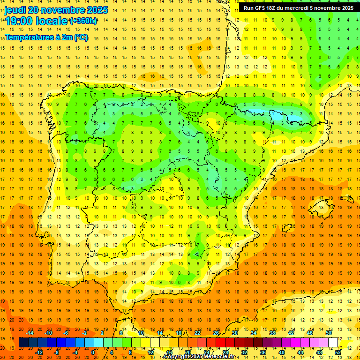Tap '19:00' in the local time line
pyautogui.click(x=19, y=21)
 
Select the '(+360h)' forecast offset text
pyautogui.click(x=83, y=21)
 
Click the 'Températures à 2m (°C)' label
pyautogui.click(x=46, y=37)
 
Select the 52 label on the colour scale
pyautogui.click(x=338, y=352)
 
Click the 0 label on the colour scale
pyautogui.click(x=93, y=352)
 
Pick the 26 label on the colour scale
pyautogui.click(x=216, y=333)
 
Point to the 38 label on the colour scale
pyautogui.click(x=272, y=333)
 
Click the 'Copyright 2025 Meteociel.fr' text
pyautogui.click(x=199, y=357)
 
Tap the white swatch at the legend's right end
pyautogui.click(x=333, y=342)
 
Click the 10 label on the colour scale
pyautogui.click(x=141, y=333)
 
